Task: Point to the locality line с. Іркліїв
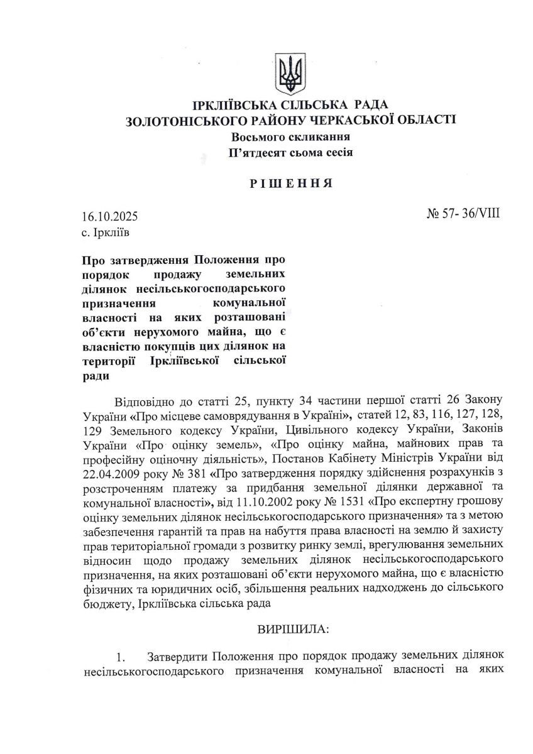point(107,232)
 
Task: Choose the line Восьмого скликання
point(290,136)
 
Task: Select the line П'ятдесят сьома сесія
point(290,152)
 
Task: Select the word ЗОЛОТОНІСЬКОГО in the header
point(180,120)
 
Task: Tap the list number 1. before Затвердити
point(122,657)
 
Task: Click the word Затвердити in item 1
point(177,657)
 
